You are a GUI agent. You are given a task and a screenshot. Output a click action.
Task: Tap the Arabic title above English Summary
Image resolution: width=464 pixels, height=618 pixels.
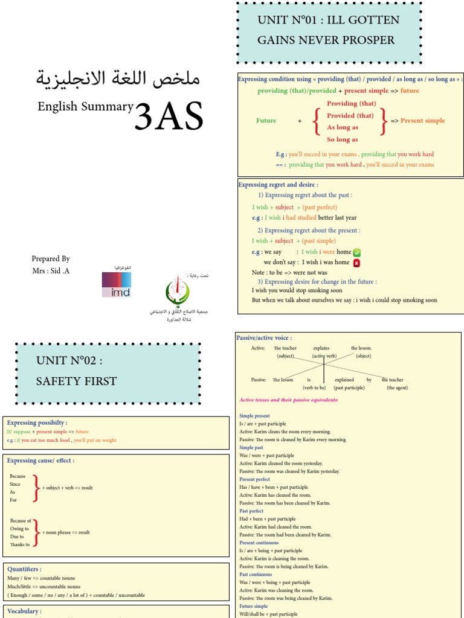pos(118,78)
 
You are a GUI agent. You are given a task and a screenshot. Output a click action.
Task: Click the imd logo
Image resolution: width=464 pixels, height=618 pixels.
pos(117,284)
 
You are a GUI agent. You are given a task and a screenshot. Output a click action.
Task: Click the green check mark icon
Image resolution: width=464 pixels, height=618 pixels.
pos(357,252)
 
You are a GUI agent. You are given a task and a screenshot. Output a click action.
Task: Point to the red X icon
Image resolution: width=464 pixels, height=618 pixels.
pos(356,263)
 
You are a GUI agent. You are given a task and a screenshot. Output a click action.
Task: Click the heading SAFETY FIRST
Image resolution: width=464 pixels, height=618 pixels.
pos(76,381)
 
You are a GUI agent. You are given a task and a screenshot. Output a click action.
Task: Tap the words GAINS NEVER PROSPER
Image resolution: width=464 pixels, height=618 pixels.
pos(326,40)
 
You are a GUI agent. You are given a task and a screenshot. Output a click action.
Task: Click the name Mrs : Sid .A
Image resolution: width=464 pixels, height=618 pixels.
pos(51,270)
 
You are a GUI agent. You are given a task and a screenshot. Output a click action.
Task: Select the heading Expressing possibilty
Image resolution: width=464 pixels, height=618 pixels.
pos(37,423)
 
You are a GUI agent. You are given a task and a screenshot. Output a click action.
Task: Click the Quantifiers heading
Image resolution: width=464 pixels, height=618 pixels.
pos(24,569)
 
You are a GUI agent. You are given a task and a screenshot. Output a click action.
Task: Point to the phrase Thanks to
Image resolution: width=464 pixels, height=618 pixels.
pos(20,544)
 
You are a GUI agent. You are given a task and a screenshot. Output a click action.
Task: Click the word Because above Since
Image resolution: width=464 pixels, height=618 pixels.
pos(18,476)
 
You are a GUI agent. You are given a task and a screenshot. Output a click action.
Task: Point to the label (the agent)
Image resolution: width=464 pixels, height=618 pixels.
pos(398,388)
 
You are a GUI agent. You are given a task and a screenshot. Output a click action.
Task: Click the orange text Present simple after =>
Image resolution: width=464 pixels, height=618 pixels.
pos(422,121)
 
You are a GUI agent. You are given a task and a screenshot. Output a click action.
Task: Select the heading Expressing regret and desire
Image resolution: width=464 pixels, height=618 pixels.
pos(278,185)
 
